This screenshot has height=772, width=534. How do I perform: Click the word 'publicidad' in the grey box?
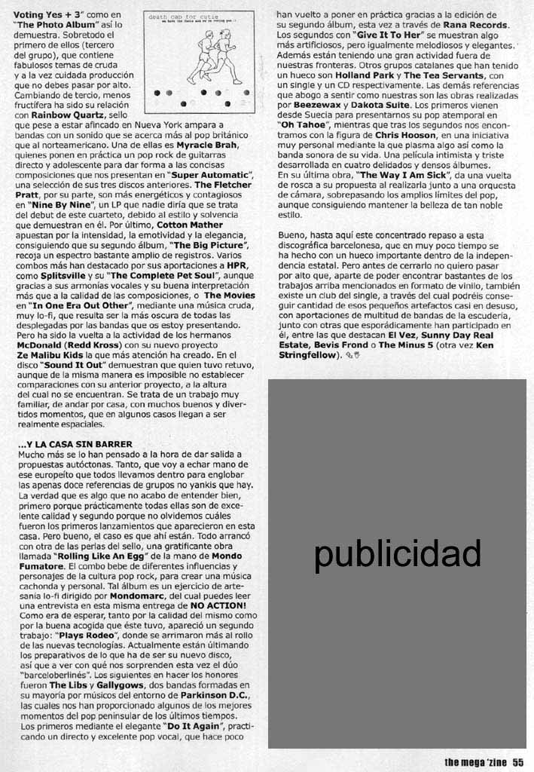(397, 554)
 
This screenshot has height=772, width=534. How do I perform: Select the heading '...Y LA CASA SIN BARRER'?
(75, 444)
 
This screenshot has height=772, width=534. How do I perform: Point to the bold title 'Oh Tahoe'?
(304, 123)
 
